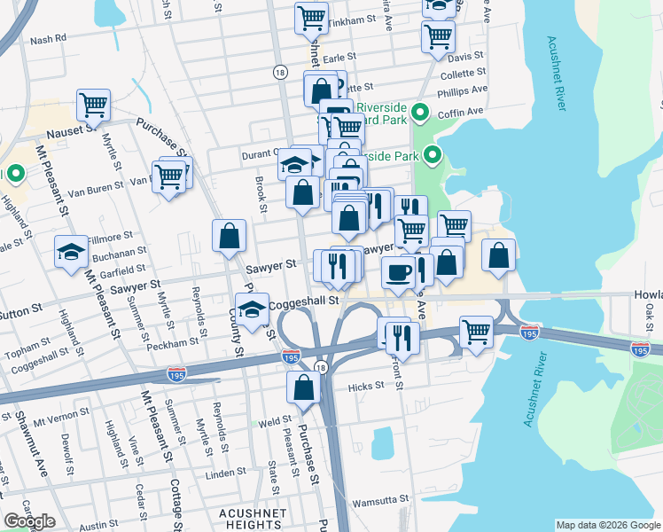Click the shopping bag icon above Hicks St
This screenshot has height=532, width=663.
tap(303, 387)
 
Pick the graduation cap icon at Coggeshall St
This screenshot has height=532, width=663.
tap(253, 310)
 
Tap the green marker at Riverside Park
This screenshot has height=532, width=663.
tap(433, 156)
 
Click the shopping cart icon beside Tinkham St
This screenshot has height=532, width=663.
tap(311, 18)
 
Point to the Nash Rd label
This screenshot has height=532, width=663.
tap(48, 39)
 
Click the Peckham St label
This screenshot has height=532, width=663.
tap(179, 342)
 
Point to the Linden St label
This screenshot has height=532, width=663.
tap(224, 474)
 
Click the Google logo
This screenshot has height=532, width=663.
tap(30, 521)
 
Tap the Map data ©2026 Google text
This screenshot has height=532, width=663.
tap(607, 525)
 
